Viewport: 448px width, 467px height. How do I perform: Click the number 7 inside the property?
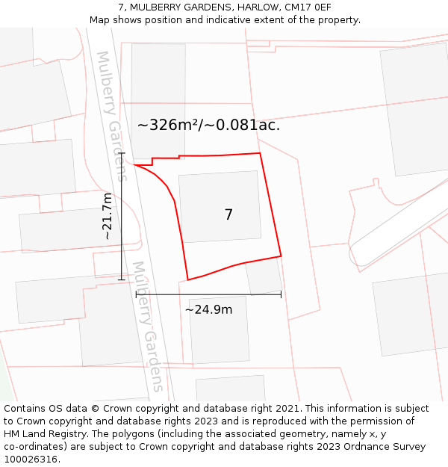click(228, 215)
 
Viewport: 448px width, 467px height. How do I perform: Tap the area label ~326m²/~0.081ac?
click(208, 125)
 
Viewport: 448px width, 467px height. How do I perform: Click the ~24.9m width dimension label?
click(208, 309)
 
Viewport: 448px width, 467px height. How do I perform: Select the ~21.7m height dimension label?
click(108, 216)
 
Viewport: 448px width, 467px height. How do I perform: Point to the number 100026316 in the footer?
click(31, 460)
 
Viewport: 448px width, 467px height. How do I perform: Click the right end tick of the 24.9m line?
click(281, 294)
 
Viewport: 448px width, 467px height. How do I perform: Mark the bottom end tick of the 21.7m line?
click(122, 280)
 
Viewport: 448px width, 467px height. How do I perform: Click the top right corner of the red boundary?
click(260, 153)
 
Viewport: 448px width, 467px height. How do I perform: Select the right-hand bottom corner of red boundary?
click(281, 256)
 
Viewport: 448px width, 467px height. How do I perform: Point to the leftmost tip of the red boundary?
click(134, 164)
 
